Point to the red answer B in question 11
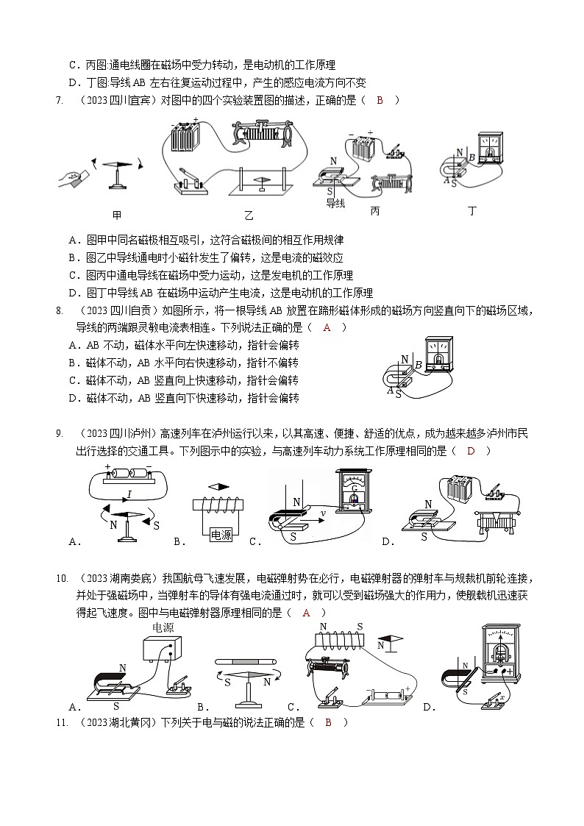coord(328,722)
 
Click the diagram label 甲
coord(117,215)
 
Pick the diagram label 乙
coord(249,215)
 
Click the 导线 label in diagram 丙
coord(335,203)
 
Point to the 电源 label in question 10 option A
coord(163,627)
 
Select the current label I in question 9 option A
coord(129,494)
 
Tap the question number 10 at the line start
coord(62,577)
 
